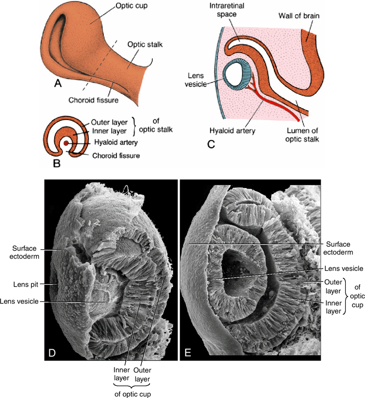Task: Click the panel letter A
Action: pyautogui.click(x=58, y=83)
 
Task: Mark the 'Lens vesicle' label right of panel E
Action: pyautogui.click(x=343, y=268)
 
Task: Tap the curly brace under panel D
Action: pyautogui.click(x=130, y=383)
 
